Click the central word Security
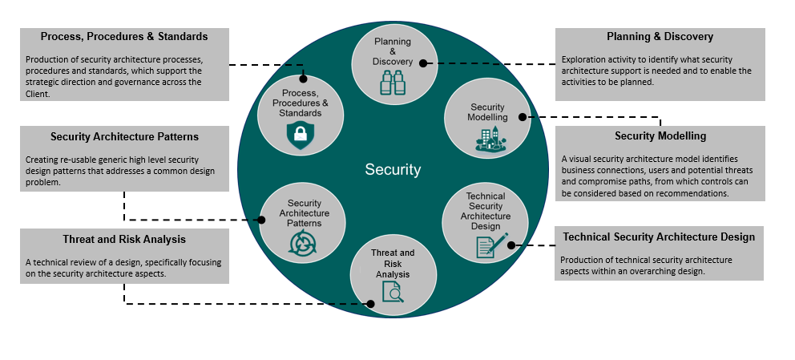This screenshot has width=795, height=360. point(393,169)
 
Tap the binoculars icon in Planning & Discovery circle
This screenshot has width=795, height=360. point(393,83)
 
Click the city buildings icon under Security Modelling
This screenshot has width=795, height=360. point(488,139)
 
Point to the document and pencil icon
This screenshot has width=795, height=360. point(490,244)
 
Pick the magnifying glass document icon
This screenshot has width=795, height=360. point(393,293)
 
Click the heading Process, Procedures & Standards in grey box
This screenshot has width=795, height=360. point(124,37)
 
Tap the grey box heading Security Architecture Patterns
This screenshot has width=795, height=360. point(124,136)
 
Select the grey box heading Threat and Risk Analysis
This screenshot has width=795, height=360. point(124,239)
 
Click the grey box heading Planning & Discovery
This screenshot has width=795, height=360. point(660,37)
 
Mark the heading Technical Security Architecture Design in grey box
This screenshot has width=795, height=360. point(659,237)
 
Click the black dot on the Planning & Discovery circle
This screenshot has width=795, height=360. point(423,63)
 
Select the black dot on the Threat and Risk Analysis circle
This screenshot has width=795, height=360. point(370,303)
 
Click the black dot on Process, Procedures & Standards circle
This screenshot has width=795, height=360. point(304,79)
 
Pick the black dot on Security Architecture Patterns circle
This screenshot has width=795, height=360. point(260,220)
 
